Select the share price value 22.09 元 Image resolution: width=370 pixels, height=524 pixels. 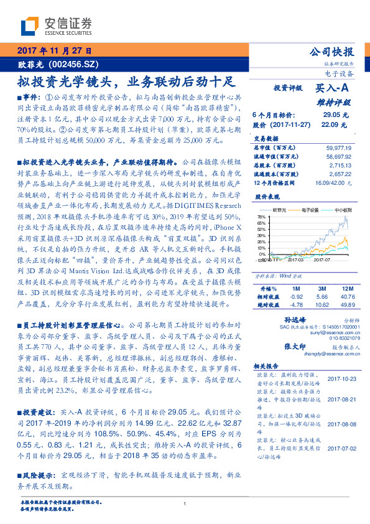click(334, 124)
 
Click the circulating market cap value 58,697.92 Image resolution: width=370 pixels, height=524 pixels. click(338, 157)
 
